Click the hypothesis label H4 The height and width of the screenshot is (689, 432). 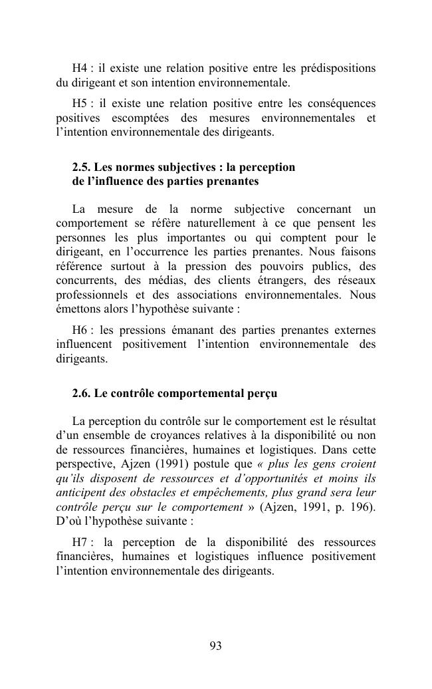[80, 69]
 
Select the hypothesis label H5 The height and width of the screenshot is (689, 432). [80, 104]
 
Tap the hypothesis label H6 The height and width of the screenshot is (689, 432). [80, 331]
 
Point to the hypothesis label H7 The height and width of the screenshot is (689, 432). [80, 542]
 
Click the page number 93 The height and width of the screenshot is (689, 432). [215, 646]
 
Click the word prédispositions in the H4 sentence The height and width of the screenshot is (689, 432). [338, 69]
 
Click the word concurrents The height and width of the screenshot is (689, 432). [84, 280]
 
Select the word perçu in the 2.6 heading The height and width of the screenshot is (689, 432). [261, 393]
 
